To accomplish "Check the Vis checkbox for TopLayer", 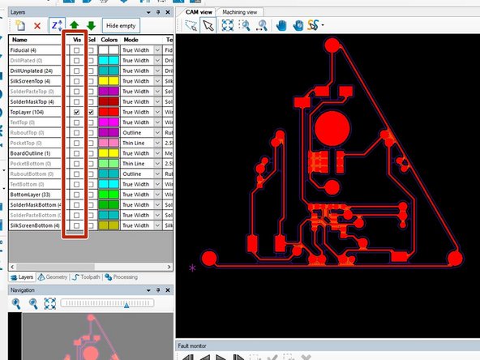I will click(77, 113).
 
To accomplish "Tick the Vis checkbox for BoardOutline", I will click(77, 152).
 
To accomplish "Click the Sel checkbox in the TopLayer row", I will click(91, 113).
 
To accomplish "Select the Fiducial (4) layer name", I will click(29, 50).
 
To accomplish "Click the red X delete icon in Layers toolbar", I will click(37, 26).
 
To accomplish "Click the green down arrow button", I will click(92, 26).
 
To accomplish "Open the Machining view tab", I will click(239, 12).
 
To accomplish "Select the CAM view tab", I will click(198, 12).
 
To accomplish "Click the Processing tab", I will click(121, 276).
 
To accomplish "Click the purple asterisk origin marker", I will click(192, 267).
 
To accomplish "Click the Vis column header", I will click(77, 39).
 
